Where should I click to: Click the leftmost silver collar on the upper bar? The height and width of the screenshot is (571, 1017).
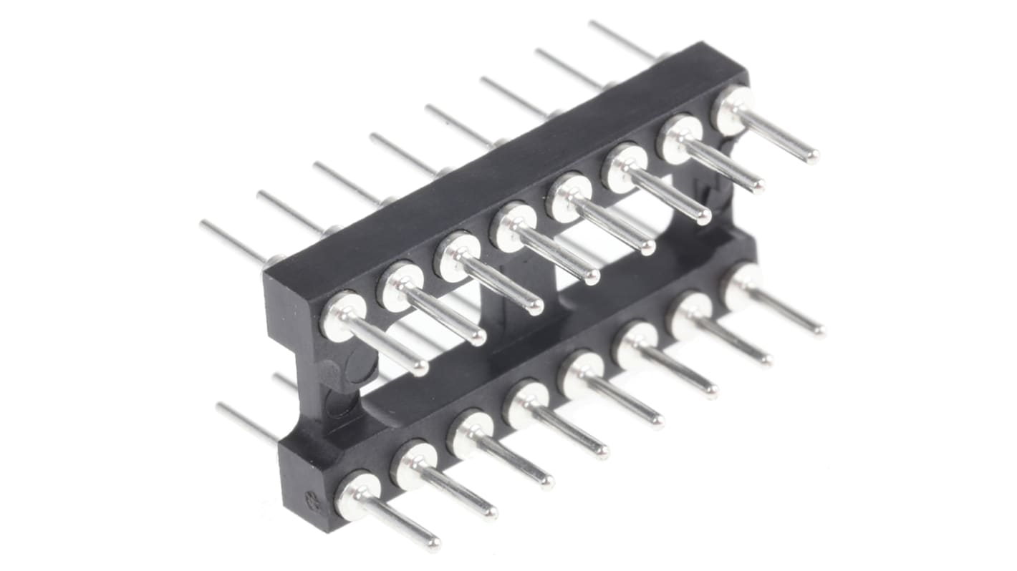tap(342, 315)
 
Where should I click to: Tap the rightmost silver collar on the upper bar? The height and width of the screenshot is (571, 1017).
tap(732, 109)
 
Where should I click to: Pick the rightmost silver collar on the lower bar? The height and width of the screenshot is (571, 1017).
tap(742, 285)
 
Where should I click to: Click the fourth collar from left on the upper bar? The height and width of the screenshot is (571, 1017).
tap(512, 225)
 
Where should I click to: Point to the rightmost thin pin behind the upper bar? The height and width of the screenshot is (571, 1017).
tap(622, 39)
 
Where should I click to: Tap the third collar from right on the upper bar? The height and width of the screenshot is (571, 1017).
tap(625, 167)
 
